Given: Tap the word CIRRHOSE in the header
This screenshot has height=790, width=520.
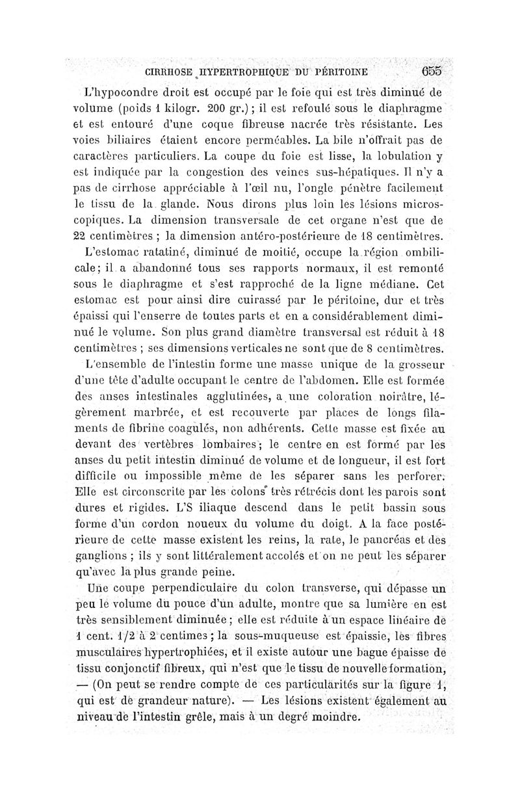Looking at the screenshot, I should [x=171, y=72].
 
